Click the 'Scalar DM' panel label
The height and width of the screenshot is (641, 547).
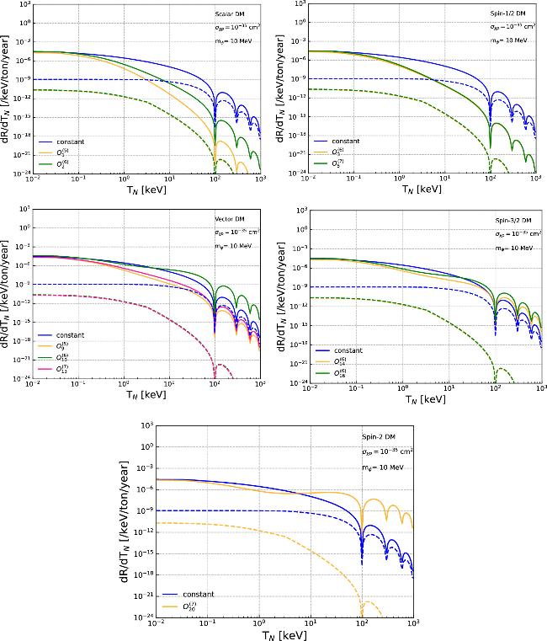pos(227,14)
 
